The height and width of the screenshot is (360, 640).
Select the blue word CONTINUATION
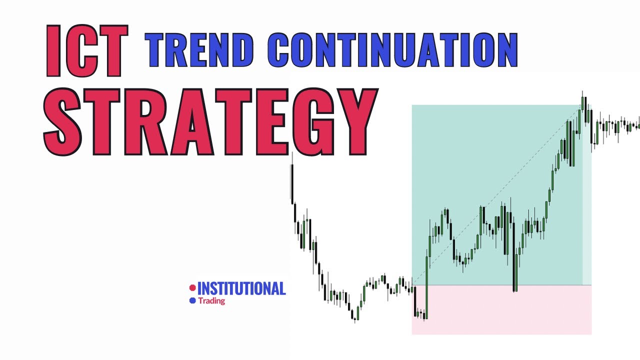392,50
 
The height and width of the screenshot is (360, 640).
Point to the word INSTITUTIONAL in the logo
241,288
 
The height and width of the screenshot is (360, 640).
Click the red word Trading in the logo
211,301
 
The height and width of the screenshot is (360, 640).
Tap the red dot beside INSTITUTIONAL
192,288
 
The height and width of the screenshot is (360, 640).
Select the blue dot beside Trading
192,301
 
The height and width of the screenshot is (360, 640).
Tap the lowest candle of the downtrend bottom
354,315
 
